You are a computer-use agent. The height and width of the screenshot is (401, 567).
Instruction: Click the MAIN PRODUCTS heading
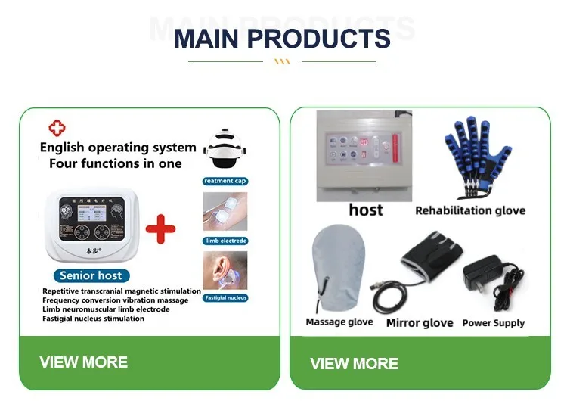tap(282, 37)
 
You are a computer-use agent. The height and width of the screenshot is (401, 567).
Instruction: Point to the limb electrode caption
tap(225, 241)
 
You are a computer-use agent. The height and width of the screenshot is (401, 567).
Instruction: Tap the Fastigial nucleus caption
tap(225, 297)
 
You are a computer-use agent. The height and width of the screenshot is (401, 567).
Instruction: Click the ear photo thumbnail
tap(225, 270)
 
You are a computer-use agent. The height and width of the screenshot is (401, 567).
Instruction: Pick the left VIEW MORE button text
tap(83, 362)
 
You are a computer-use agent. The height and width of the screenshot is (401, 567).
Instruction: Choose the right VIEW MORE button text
tap(354, 363)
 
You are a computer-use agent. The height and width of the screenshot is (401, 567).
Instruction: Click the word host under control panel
tap(365, 209)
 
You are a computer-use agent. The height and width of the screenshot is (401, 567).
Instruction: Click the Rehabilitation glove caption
tap(469, 210)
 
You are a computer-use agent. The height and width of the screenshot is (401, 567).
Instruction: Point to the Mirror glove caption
tap(420, 322)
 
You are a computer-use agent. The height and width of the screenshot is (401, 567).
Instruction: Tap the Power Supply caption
tap(493, 322)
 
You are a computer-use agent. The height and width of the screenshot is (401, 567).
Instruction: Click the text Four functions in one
tap(115, 163)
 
